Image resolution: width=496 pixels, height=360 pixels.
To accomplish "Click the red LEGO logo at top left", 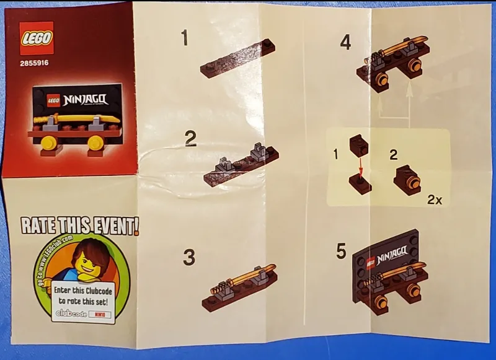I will pos(37,38).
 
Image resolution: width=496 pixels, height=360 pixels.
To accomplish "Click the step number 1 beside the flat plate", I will pos(184,38).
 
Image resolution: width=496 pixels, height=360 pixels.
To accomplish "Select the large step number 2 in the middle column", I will pos(191,139).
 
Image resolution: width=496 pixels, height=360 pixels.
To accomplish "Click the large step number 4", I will pos(346,43).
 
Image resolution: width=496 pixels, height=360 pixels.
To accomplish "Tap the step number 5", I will pos(341,252).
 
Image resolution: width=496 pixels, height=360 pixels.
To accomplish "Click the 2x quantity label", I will pos(435,201).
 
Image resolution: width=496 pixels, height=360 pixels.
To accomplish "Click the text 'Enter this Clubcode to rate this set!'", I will pos(81,296).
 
